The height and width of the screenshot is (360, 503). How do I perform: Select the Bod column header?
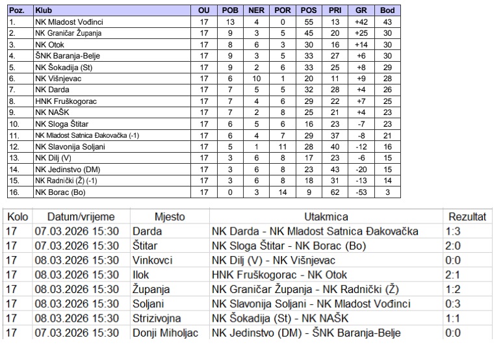click(x=387, y=10)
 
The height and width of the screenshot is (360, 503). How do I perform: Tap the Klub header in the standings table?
click(x=44, y=10)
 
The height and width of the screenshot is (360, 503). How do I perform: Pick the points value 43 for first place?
click(x=387, y=22)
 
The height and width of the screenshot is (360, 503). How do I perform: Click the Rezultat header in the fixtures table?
click(x=467, y=216)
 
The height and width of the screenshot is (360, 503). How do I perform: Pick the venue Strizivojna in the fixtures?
click(x=156, y=319)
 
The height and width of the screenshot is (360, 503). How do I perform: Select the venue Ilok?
click(x=141, y=275)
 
